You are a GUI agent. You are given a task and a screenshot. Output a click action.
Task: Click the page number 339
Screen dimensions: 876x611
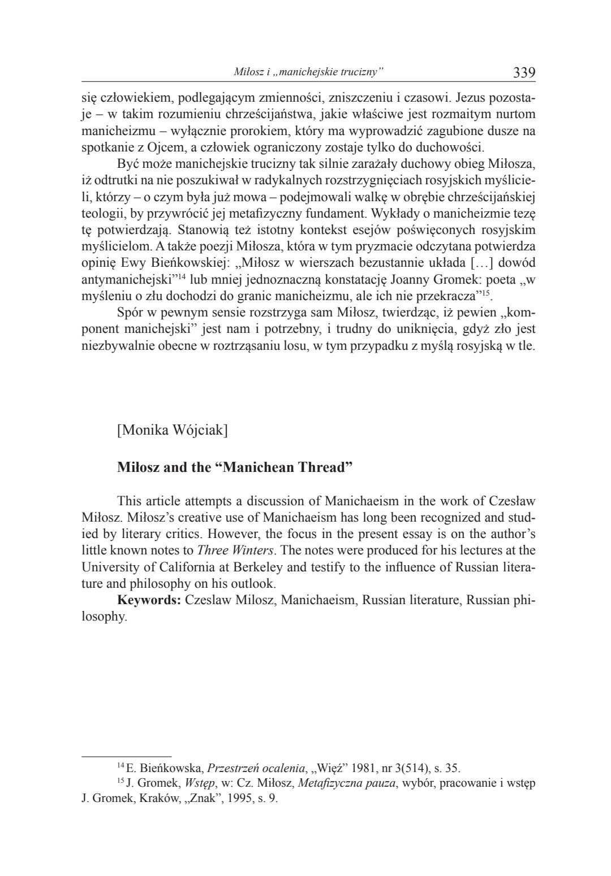(524, 72)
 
